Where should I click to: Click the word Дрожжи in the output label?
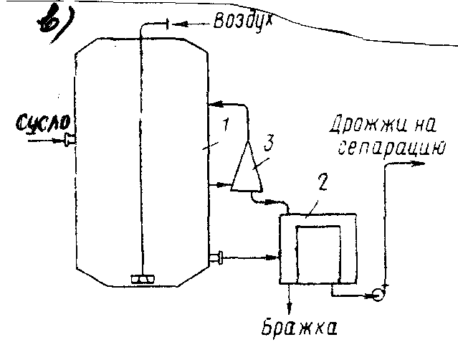356,129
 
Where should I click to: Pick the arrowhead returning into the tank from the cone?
213,106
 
